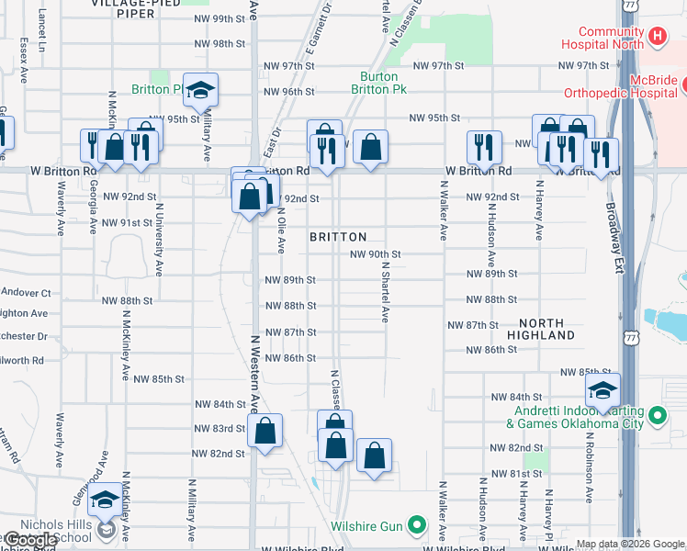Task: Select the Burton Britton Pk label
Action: click(x=378, y=84)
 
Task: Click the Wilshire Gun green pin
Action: click(x=417, y=526)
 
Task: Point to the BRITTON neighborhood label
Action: click(x=338, y=237)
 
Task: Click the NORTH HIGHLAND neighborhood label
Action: click(x=547, y=329)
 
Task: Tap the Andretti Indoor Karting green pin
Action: click(x=657, y=417)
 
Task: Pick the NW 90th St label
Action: click(x=376, y=254)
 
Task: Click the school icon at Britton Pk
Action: click(x=200, y=90)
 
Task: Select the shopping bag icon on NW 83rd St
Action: click(x=265, y=430)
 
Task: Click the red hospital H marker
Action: click(x=657, y=37)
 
